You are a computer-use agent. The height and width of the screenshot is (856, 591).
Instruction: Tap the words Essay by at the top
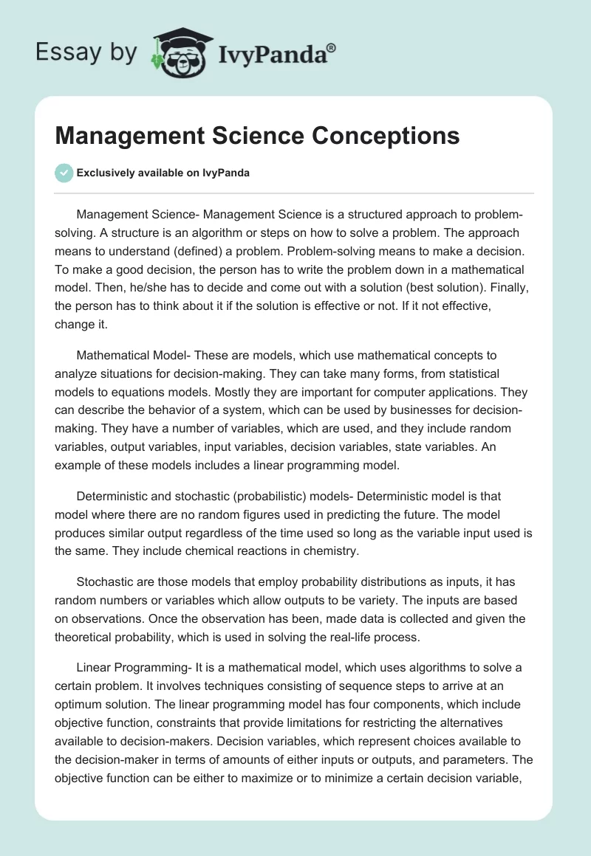click(x=86, y=52)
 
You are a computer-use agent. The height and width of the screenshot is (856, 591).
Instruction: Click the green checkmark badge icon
click(x=64, y=173)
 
